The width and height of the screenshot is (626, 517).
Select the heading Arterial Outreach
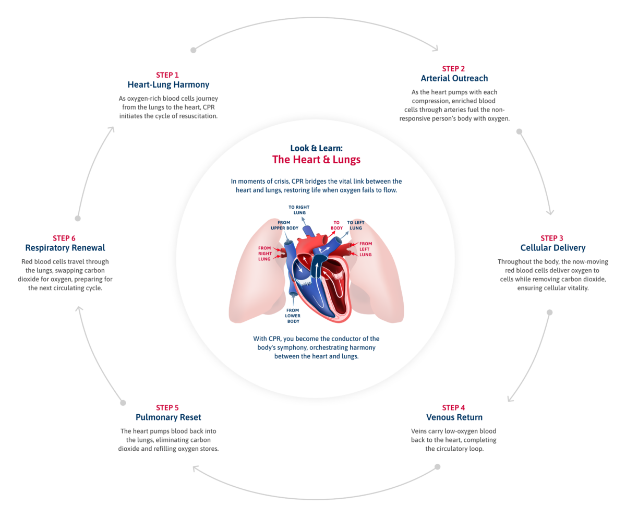[454, 78]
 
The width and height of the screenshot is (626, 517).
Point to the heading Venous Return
[454, 417]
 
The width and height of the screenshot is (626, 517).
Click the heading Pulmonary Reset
[168, 417]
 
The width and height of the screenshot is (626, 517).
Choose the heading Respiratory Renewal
[65, 248]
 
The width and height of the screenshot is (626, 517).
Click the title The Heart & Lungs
[316, 160]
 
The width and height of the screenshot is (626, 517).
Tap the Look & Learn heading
[316, 148]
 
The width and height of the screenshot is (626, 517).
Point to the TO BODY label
[336, 225]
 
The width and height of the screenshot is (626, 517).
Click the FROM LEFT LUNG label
[366, 249]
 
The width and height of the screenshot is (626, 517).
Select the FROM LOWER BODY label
[293, 316]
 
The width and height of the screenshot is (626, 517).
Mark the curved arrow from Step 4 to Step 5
[316, 493]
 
